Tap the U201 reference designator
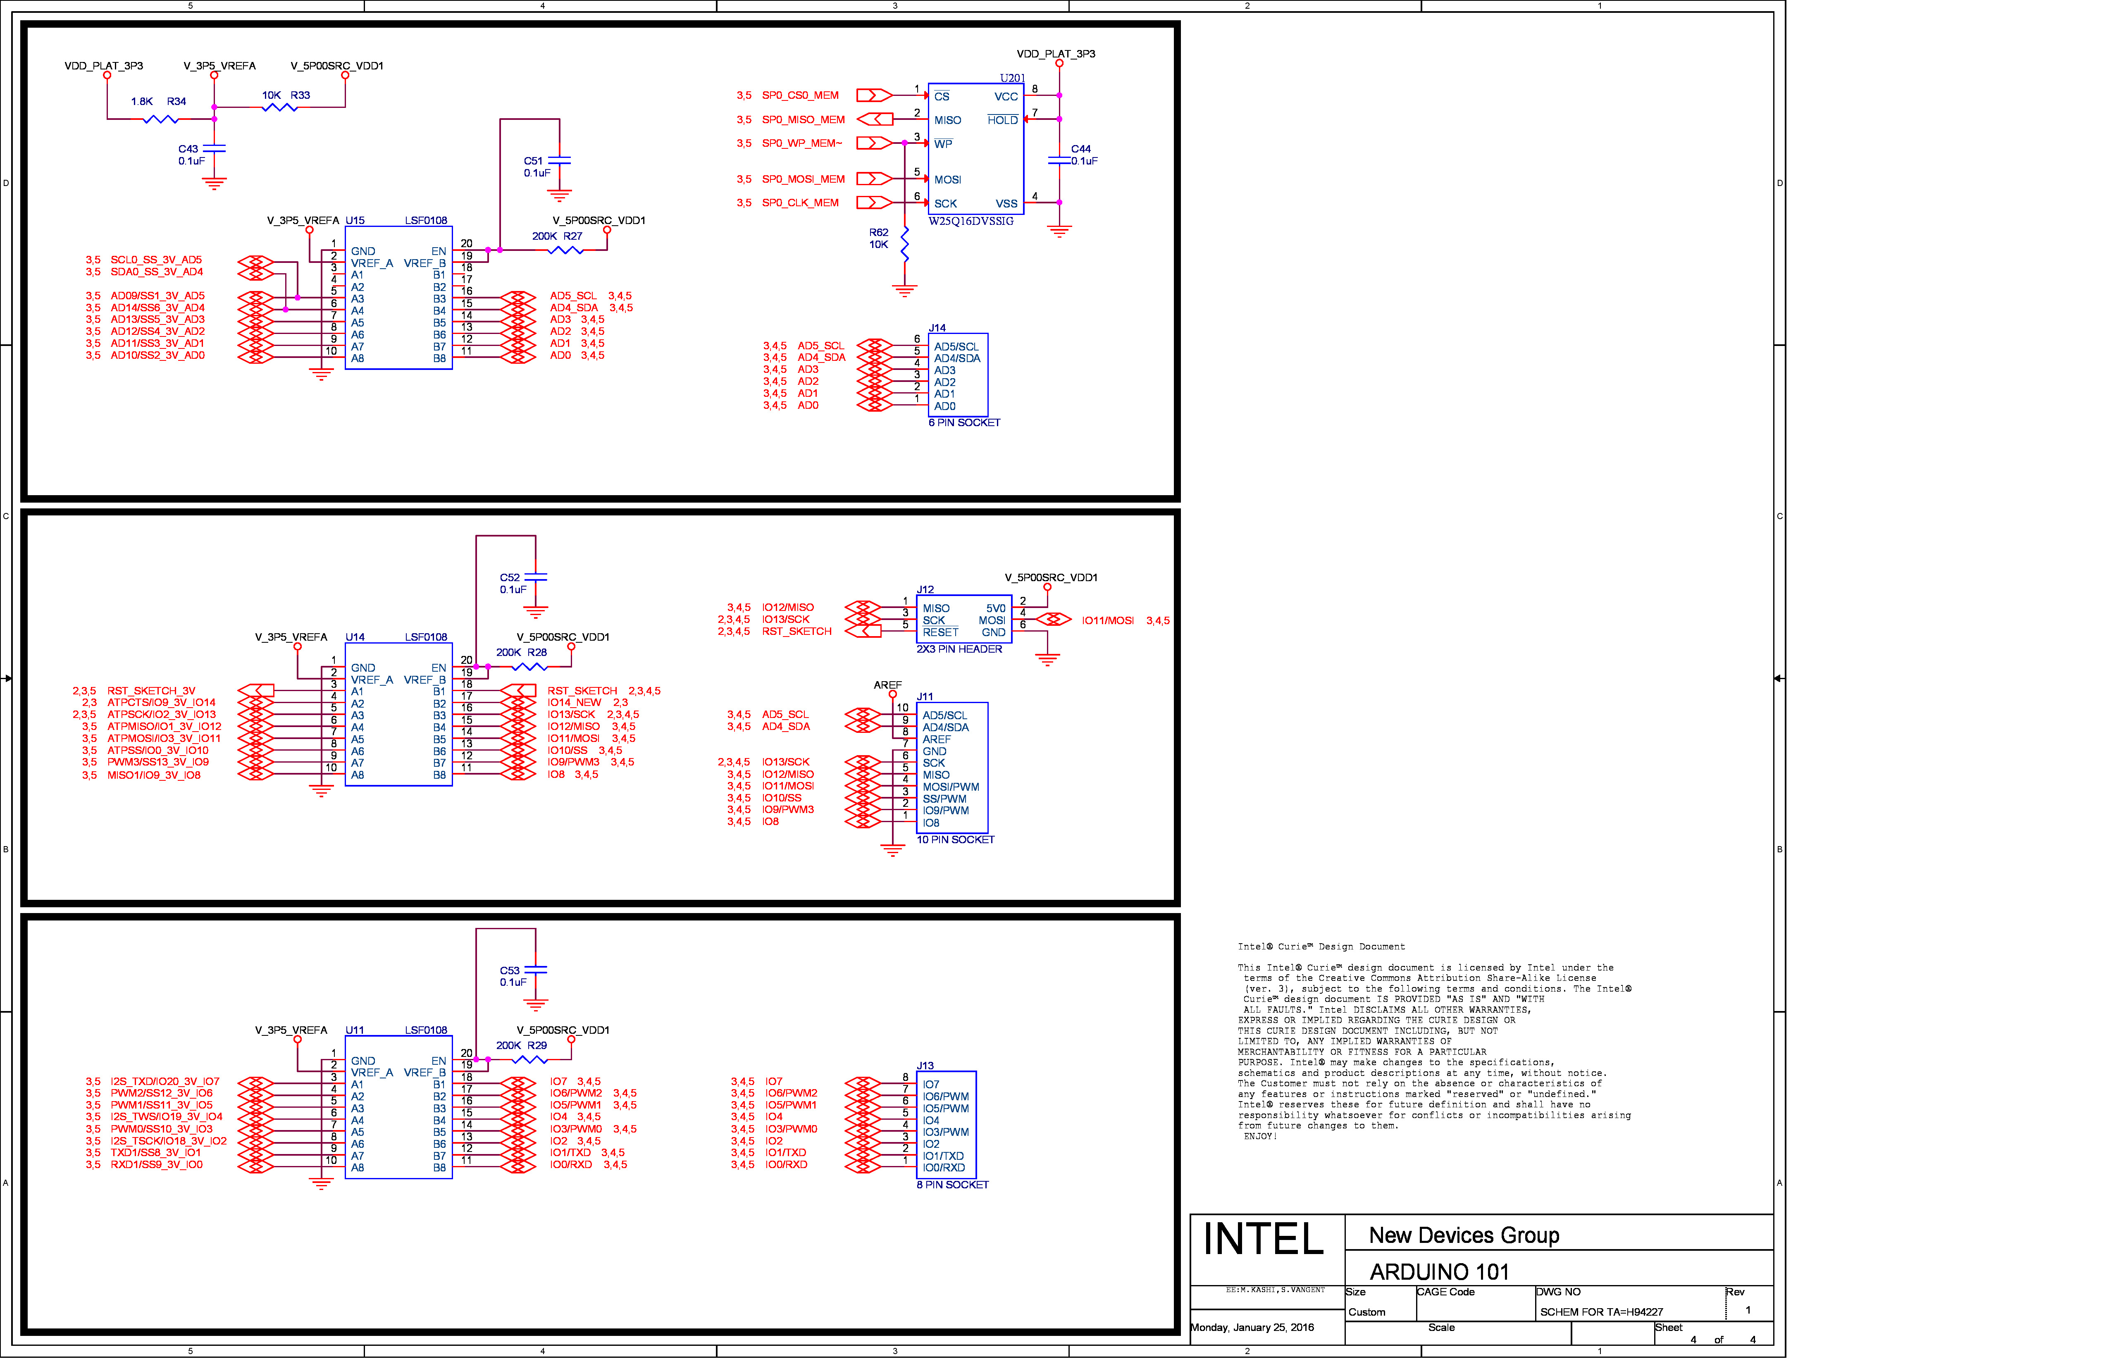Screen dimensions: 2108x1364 click(1012, 78)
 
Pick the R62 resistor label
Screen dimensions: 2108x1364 click(879, 233)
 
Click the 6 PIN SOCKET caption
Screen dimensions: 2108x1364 click(965, 423)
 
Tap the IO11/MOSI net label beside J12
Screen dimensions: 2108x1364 click(1107, 621)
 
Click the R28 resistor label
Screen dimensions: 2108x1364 click(538, 653)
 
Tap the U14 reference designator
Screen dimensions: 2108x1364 click(355, 638)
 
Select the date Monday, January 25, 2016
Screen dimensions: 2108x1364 click(1252, 1328)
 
